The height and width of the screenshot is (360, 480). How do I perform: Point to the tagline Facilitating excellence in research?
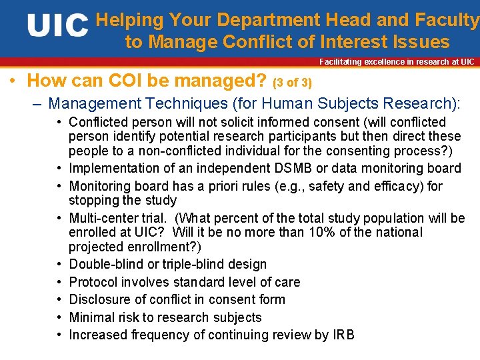[x=397, y=62]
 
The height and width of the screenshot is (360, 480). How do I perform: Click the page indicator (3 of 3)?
[x=293, y=83]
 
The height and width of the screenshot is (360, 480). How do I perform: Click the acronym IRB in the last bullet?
[x=343, y=335]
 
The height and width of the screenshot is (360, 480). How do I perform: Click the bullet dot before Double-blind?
[x=59, y=264]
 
